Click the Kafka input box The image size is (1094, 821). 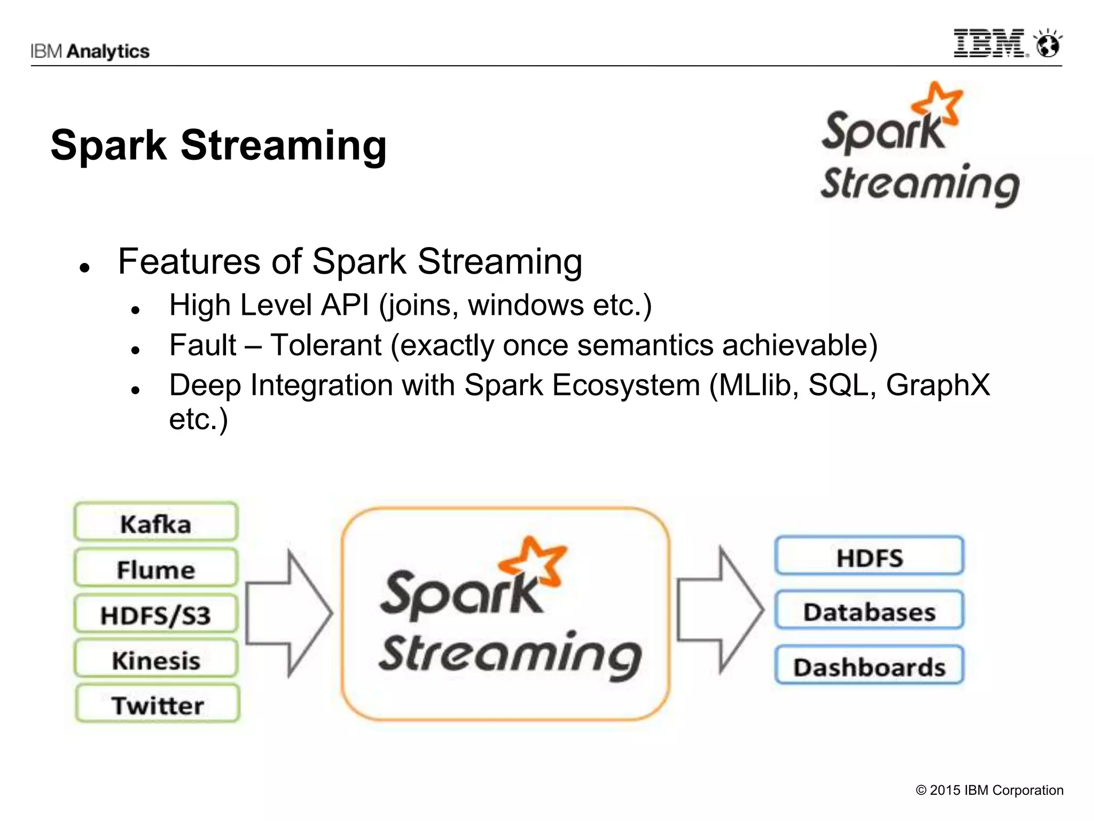pos(156,522)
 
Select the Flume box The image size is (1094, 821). pos(156,568)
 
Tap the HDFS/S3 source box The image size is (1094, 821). pos(156,614)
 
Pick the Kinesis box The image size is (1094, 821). pos(156,660)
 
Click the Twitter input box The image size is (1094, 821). pos(158,704)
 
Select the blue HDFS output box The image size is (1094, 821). pos(869,556)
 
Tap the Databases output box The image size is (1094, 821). pos(869,611)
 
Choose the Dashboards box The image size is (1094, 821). pos(869,666)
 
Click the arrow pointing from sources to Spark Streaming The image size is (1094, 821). pos(288,614)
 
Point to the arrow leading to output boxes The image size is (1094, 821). pos(720,610)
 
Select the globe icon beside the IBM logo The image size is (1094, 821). pos(1048,44)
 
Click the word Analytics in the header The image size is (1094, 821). pos(108,51)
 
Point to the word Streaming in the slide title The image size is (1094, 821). pos(284,145)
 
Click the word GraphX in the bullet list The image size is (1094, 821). pos(937,385)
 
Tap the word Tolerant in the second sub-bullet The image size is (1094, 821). pos(326,345)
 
